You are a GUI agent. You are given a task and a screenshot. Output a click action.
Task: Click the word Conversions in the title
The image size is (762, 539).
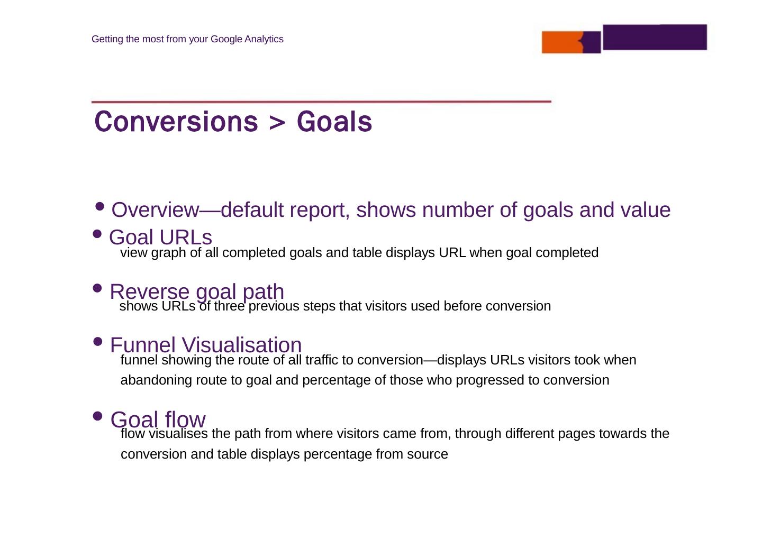[x=176, y=122]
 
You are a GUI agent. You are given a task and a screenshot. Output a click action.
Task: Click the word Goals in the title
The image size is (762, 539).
[x=334, y=122]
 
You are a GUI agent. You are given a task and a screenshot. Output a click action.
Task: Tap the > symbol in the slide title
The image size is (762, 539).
[x=277, y=122]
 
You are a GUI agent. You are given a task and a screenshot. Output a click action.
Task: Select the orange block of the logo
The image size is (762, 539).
[x=563, y=42]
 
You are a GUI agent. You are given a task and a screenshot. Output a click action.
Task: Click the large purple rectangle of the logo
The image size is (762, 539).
[x=655, y=37]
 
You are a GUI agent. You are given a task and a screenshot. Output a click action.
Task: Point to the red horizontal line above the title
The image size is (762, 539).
[x=321, y=102]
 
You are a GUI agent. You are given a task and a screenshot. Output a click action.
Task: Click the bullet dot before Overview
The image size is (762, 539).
[x=99, y=206]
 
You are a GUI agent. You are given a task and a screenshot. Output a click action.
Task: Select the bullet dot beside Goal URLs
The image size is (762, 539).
[x=97, y=234]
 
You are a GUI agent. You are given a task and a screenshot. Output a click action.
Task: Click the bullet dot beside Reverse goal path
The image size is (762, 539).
[x=97, y=288]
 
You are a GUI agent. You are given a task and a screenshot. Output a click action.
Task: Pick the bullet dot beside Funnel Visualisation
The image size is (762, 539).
[x=97, y=341]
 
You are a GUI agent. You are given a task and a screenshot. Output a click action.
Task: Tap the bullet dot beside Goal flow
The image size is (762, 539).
[x=97, y=416]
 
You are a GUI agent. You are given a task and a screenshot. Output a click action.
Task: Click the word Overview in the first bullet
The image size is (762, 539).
[x=155, y=210]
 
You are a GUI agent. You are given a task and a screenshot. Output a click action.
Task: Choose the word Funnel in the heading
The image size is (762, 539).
[x=143, y=345]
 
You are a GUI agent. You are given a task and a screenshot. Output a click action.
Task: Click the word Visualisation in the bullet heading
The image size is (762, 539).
[x=242, y=345]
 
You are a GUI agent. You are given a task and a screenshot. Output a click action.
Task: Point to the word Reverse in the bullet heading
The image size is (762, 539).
[x=150, y=291]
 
